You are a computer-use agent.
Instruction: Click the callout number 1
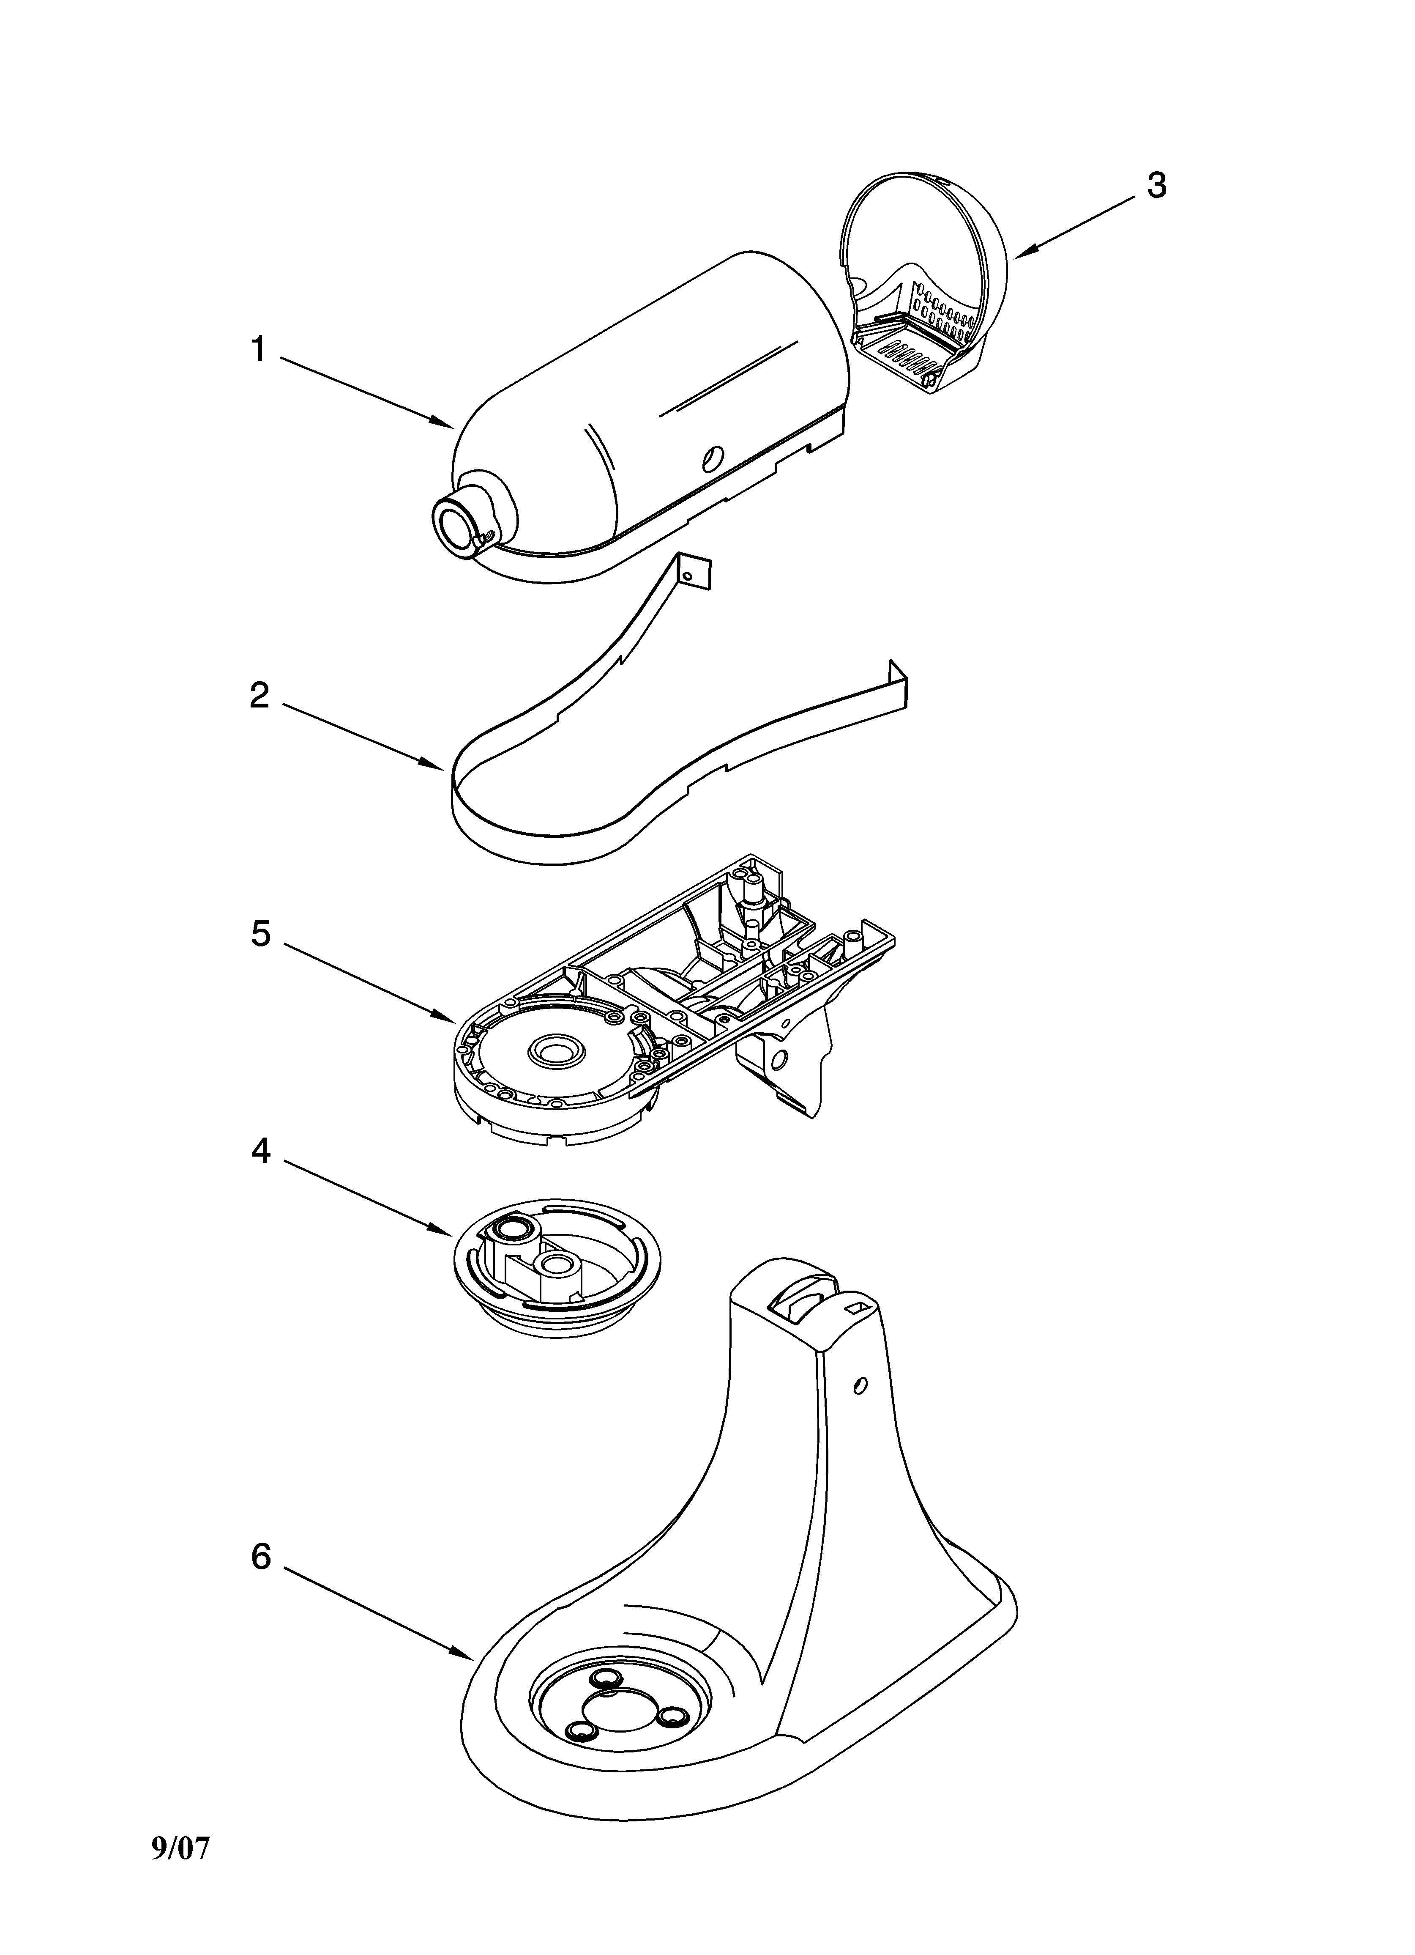(258, 350)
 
